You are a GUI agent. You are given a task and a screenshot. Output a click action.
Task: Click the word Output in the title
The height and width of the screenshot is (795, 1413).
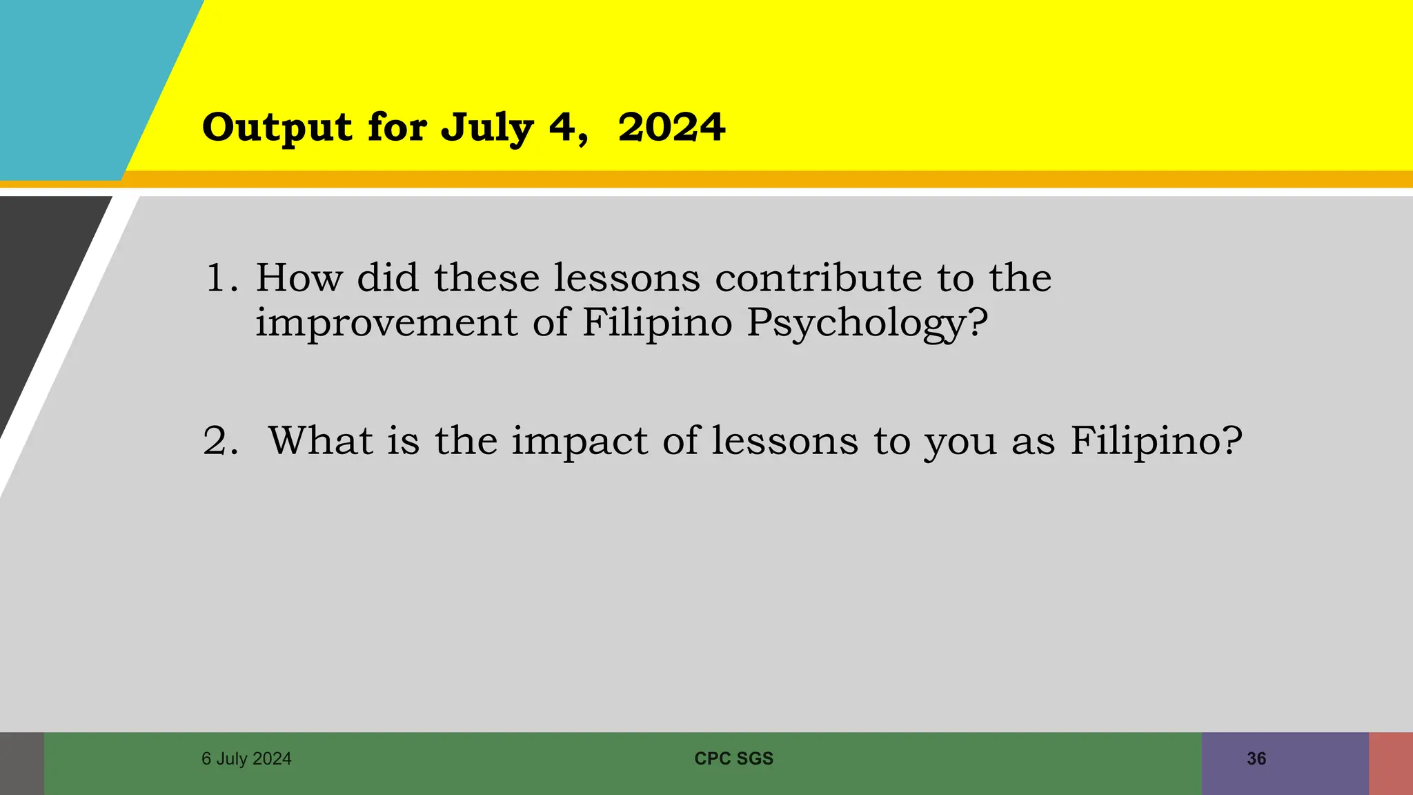point(277,128)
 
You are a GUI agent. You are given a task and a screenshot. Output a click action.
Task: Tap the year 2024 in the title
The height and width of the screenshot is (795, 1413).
point(671,128)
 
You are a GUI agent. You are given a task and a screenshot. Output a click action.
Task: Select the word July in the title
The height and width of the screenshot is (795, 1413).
point(487,128)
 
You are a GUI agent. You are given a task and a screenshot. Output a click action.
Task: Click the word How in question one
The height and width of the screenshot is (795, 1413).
point(299,278)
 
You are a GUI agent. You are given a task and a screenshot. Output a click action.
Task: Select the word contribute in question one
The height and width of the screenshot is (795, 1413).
point(818,278)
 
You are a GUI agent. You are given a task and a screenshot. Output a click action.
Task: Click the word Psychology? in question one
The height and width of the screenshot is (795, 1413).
point(867,324)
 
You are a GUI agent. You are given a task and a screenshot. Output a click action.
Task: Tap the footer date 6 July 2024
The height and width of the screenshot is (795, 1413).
point(246,758)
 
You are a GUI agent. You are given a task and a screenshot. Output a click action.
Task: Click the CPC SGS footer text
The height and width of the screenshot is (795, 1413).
point(733,758)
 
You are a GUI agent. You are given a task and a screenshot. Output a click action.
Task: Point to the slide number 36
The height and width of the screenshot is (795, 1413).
point(1256,758)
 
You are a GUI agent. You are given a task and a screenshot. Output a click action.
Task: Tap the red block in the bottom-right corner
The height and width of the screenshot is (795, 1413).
point(1391,763)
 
